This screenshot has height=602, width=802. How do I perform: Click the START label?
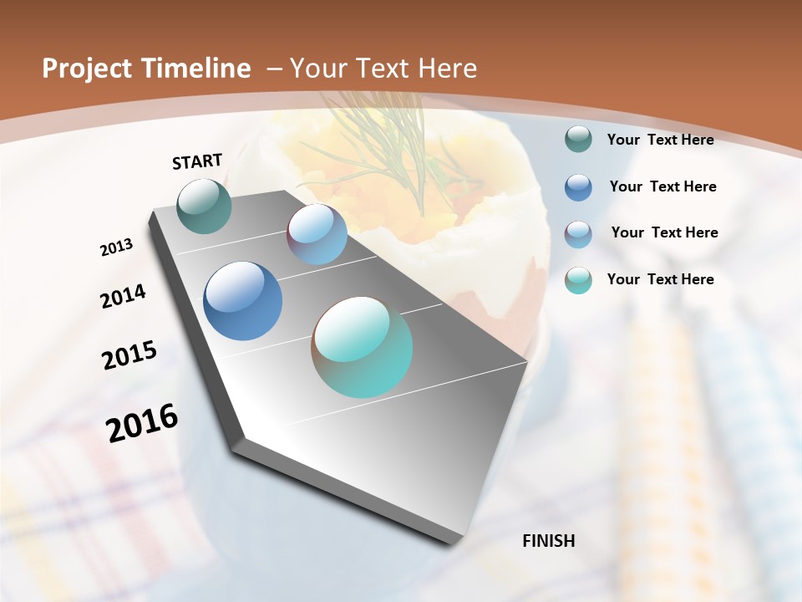click(197, 161)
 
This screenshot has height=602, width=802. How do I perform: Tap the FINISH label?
click(548, 541)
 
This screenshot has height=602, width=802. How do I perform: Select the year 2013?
click(116, 247)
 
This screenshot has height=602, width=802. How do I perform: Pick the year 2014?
click(123, 297)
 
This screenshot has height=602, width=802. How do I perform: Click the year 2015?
click(129, 355)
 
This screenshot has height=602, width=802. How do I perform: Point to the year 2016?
click(141, 423)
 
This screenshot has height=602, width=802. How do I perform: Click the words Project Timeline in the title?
click(146, 69)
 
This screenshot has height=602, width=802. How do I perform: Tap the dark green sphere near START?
click(204, 206)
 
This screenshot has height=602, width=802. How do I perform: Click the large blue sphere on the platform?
click(242, 301)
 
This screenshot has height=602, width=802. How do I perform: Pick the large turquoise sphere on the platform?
click(362, 347)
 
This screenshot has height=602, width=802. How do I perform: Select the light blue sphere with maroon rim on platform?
click(317, 234)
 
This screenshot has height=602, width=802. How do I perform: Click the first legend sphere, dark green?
click(578, 140)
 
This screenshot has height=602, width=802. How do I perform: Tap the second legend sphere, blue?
click(578, 187)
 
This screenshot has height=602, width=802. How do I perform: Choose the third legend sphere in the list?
click(578, 234)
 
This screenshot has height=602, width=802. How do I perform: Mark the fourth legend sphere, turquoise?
click(578, 280)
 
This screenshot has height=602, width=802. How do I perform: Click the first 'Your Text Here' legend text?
click(660, 140)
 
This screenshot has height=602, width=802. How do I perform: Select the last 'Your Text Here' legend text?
click(660, 279)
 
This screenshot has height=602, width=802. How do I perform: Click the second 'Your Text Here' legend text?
click(662, 186)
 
